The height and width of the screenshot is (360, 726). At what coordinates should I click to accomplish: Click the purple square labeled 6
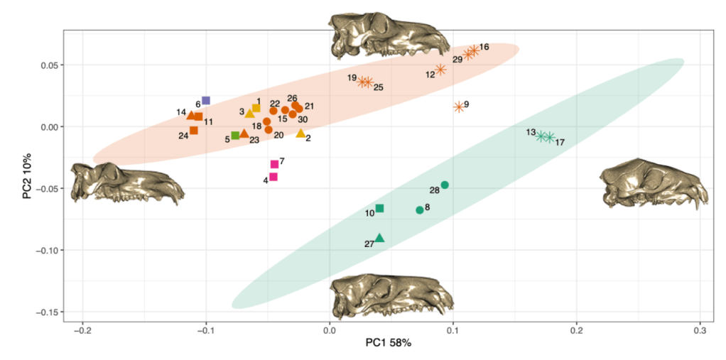pos(206,101)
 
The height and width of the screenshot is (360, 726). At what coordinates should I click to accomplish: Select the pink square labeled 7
pos(275,164)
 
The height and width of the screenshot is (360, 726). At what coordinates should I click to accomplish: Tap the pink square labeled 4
pos(273,177)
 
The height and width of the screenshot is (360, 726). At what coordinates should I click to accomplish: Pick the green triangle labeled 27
pos(380,238)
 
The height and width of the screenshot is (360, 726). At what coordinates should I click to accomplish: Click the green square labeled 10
pos(380,208)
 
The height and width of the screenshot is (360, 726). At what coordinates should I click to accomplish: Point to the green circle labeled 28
pos(445,185)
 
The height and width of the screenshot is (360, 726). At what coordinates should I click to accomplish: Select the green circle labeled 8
pos(420,210)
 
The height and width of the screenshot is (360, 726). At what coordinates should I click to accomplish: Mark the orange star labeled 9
pos(459,107)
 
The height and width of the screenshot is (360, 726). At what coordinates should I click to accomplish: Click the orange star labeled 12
pos(440,70)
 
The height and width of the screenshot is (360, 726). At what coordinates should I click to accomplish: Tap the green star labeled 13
pos(541,136)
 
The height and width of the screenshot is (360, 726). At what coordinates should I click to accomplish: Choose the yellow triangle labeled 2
pos(300,133)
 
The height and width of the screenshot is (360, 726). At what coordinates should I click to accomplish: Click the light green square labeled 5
pos(235,135)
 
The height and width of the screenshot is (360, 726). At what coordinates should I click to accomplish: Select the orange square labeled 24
pos(194,130)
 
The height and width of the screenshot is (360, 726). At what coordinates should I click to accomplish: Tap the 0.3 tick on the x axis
pos(700,331)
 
